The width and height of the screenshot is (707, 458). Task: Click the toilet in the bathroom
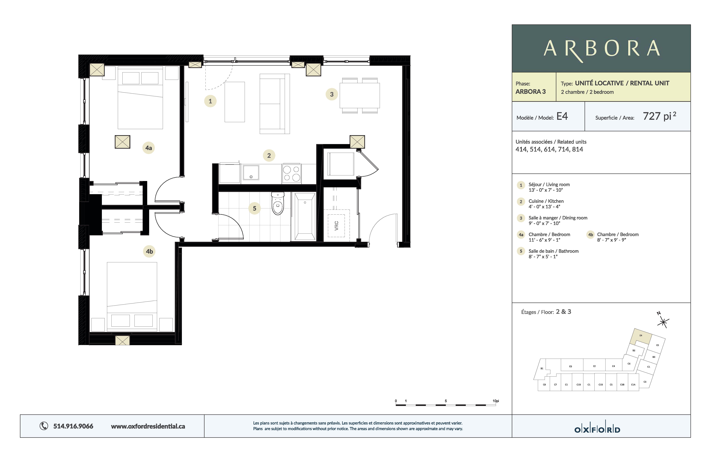pyautogui.click(x=278, y=204)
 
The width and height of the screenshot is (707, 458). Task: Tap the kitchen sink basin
pyautogui.click(x=251, y=173)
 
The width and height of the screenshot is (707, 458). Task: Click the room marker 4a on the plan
pyautogui.click(x=148, y=148)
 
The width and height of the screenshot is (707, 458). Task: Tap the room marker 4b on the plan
pyautogui.click(x=149, y=251)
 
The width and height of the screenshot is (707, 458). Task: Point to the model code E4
pyautogui.click(x=562, y=116)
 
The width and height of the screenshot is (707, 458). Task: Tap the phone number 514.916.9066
pyautogui.click(x=73, y=426)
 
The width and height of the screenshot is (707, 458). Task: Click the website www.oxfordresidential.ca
pyautogui.click(x=148, y=426)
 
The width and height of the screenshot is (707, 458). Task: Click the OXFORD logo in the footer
pyautogui.click(x=597, y=429)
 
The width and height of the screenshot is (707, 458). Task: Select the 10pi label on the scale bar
pyautogui.click(x=495, y=401)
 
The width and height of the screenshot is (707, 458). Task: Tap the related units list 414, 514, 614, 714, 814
pyautogui.click(x=549, y=149)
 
